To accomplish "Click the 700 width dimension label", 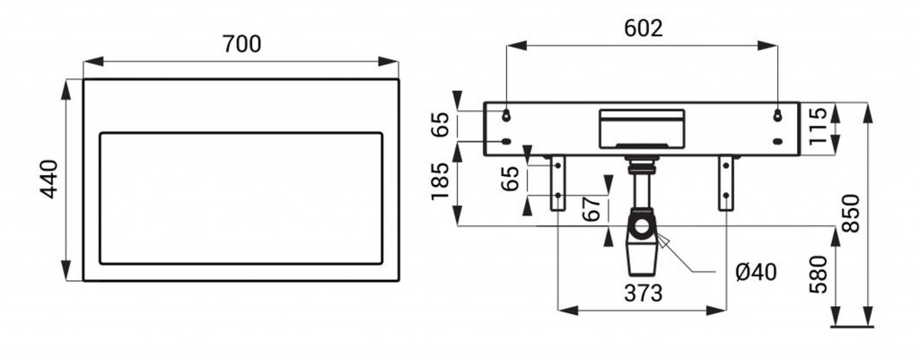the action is pyautogui.click(x=241, y=44).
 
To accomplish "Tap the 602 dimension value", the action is pyautogui.click(x=643, y=28).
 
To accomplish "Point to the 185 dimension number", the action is pyautogui.click(x=441, y=181).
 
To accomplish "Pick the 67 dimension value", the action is pyautogui.click(x=592, y=208).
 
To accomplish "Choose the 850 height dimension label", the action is pyautogui.click(x=851, y=213).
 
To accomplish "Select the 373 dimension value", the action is pyautogui.click(x=643, y=294).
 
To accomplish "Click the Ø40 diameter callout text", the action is pyautogui.click(x=756, y=272).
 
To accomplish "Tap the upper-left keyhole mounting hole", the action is pyautogui.click(x=506, y=116).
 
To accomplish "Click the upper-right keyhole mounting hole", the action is pyautogui.click(x=778, y=116).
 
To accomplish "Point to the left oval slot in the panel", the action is pyautogui.click(x=506, y=141).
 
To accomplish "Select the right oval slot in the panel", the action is pyautogui.click(x=778, y=141).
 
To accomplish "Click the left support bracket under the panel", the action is pyautogui.click(x=557, y=183).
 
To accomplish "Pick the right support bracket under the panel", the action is pyautogui.click(x=726, y=183).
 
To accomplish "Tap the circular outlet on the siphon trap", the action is pyautogui.click(x=643, y=226).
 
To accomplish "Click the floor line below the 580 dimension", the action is pyautogui.click(x=852, y=327).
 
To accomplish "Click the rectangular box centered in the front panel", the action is pyautogui.click(x=641, y=128).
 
